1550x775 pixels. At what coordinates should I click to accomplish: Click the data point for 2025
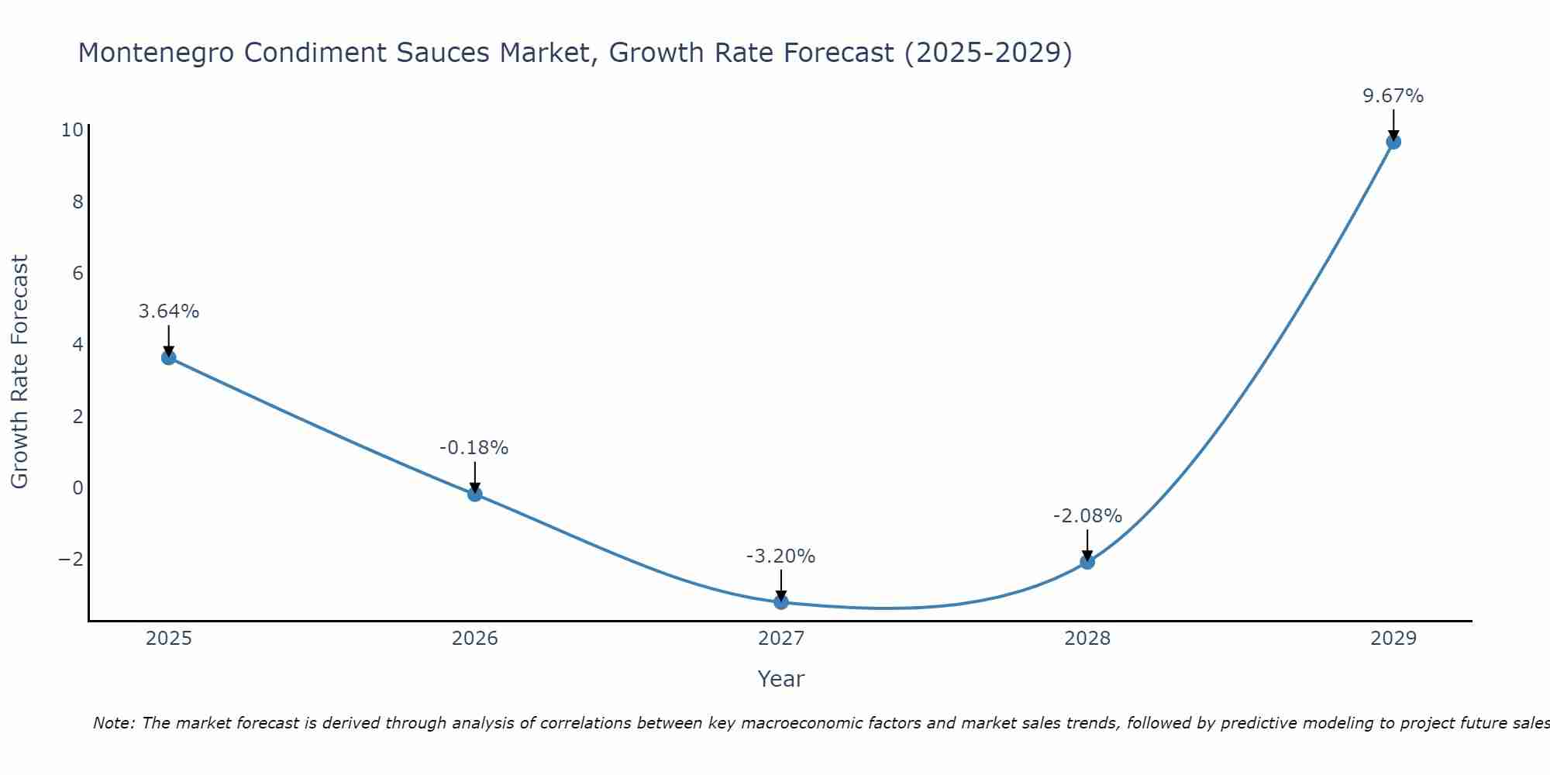(169, 357)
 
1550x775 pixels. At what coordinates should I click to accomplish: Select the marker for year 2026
(475, 494)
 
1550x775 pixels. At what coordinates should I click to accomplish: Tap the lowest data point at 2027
(781, 601)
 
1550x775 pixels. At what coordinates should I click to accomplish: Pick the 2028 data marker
(1087, 562)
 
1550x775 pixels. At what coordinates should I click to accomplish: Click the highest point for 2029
(1393, 142)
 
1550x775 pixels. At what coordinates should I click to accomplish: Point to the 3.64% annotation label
(169, 312)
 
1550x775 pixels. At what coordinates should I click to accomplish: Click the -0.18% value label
(474, 448)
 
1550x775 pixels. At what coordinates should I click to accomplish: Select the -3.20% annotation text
(780, 556)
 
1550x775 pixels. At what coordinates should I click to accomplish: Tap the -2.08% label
(1087, 516)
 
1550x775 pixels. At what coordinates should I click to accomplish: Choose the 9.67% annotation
(1393, 96)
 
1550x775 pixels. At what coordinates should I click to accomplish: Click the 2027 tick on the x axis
(781, 639)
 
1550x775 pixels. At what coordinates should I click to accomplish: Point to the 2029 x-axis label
(1393, 639)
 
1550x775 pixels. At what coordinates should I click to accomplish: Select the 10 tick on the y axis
(71, 130)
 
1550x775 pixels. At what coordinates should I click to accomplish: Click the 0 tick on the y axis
(77, 488)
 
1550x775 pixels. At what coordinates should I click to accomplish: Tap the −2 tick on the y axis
(71, 560)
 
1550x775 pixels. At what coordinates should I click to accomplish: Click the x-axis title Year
(781, 679)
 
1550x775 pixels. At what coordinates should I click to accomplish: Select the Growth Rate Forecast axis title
(19, 372)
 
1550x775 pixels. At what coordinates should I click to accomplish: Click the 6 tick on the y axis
(77, 273)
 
